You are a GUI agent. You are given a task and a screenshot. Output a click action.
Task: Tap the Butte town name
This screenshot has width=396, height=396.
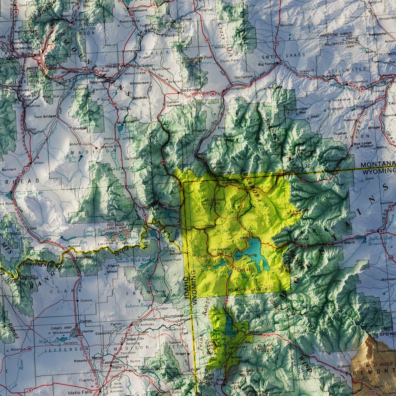[27, 54]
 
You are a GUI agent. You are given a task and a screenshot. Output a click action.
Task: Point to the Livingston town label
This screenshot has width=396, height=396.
[237, 88]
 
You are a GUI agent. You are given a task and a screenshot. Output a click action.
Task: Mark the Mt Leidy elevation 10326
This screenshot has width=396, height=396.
[265, 350]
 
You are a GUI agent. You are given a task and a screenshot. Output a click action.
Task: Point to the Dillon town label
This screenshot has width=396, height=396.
[39, 163]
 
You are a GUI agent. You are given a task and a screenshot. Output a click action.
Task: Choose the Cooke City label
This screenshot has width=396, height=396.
[300, 167]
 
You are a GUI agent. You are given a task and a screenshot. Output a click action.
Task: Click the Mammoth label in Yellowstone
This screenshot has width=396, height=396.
[230, 183]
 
